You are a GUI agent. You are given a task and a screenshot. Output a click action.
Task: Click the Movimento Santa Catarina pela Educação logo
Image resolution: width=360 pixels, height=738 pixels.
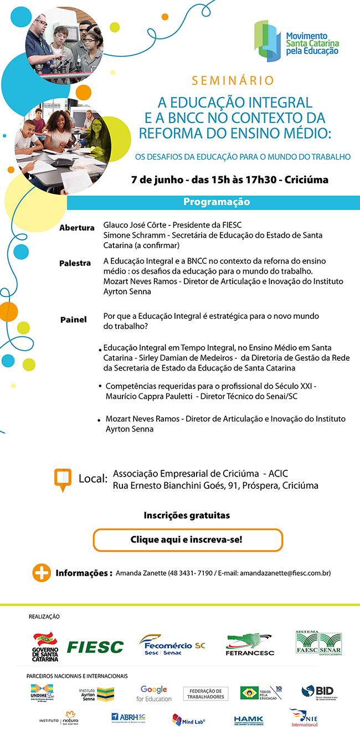point(296,42)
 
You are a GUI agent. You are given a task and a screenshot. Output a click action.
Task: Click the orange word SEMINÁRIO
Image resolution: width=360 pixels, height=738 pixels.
point(233,81)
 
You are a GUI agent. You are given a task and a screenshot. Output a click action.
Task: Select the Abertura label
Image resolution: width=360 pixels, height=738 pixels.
point(77,228)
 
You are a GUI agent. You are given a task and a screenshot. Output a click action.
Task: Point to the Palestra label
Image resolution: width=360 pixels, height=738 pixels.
point(75,263)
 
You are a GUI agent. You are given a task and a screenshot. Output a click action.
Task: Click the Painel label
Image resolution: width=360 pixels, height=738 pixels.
point(74,320)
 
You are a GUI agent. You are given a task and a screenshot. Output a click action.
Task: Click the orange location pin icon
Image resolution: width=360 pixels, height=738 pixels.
point(62,479)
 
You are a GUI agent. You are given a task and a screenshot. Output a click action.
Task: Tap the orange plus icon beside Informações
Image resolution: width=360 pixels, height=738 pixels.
point(42,572)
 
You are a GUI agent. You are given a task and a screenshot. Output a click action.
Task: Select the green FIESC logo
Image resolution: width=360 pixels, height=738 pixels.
point(95,647)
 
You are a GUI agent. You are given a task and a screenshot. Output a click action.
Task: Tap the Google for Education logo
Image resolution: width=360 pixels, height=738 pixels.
point(153,693)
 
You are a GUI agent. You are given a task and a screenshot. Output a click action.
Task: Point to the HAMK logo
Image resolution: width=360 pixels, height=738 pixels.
point(249,720)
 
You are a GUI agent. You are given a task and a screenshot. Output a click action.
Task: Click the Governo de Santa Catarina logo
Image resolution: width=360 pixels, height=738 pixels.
point(45,647)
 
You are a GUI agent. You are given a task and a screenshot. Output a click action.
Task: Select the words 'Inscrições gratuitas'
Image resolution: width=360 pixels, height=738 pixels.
point(187,515)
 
